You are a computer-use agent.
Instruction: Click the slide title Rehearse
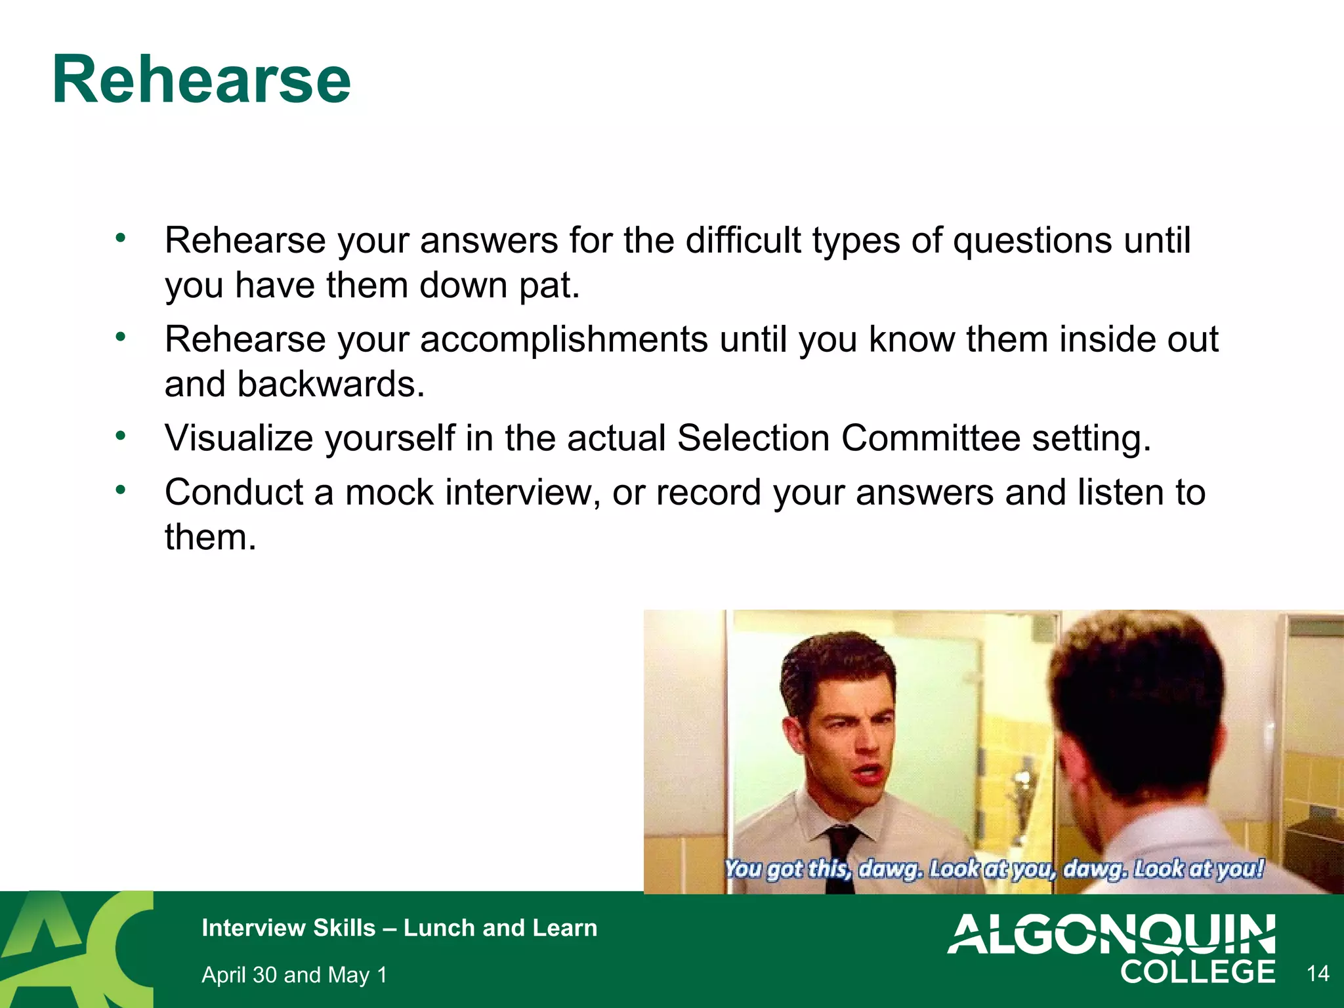201,80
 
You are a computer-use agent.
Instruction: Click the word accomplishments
564,340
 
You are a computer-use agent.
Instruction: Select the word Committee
931,438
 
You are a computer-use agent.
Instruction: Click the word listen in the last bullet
1120,492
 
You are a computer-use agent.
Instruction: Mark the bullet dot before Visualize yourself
120,436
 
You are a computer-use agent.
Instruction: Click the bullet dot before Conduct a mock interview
120,490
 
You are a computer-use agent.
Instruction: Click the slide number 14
1318,973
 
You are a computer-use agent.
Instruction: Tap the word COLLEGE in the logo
1197,973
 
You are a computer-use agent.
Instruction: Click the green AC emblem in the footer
75,950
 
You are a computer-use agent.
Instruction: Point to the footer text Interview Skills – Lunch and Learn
399,928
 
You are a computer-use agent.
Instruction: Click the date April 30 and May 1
294,975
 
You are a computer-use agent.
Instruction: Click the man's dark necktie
841,853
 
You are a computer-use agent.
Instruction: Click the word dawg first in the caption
889,869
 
